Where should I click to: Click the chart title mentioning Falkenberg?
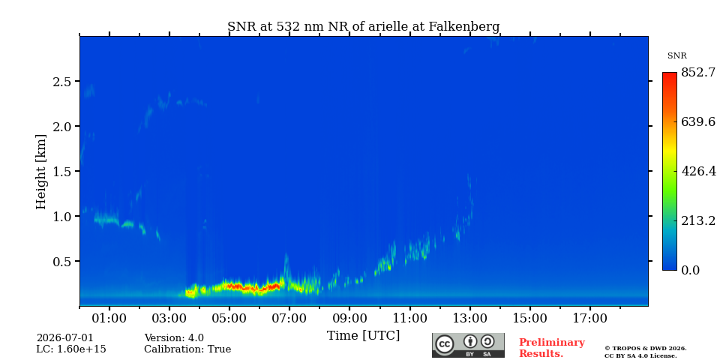(363, 27)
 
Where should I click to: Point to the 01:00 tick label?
(109, 318)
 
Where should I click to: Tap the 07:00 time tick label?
(289, 318)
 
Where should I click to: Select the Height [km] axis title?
(41, 172)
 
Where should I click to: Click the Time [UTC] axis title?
(363, 336)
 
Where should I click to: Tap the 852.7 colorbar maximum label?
(698, 73)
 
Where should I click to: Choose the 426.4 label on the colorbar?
(698, 171)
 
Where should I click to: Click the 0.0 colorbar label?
(690, 270)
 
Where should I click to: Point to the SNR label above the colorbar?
(676, 56)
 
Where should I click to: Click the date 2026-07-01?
(64, 338)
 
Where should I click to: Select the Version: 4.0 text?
(174, 338)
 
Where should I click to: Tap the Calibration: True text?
(187, 349)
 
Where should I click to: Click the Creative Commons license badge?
(468, 345)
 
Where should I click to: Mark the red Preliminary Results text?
(551, 348)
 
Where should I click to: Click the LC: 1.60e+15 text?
(71, 349)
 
